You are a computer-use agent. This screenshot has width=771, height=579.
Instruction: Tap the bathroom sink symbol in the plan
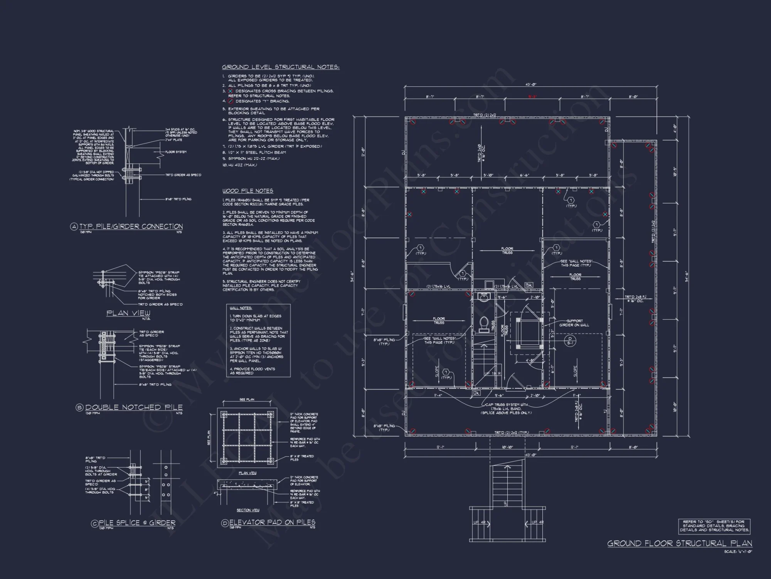(483, 298)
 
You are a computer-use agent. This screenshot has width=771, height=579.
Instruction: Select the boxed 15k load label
(529, 285)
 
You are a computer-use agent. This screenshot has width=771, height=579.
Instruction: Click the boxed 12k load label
(476, 393)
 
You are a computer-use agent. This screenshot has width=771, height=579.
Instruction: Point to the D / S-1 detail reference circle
(570, 340)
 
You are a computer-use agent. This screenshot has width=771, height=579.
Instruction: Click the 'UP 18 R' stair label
(492, 374)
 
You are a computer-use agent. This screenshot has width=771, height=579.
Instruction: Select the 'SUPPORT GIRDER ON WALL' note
(574, 323)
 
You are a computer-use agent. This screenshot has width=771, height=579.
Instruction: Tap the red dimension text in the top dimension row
(532, 97)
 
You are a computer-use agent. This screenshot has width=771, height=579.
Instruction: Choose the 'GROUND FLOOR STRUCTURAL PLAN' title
(680, 543)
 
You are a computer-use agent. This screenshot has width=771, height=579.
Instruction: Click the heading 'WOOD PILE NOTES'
(247, 191)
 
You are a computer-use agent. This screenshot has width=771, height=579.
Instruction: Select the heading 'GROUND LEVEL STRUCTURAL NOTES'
(280, 67)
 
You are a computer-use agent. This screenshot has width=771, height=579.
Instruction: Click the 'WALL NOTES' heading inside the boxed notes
(241, 308)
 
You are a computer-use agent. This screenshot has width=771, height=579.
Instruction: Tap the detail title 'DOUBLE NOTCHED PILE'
(133, 408)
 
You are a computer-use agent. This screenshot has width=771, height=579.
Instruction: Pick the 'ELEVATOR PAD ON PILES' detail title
(272, 523)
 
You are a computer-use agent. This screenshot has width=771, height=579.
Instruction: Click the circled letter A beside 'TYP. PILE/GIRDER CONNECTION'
(74, 227)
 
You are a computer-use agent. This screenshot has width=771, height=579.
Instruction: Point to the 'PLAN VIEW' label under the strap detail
(128, 313)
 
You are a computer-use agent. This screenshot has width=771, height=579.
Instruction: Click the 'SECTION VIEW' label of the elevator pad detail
(248, 510)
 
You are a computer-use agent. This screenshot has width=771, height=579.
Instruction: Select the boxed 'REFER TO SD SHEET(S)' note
(714, 526)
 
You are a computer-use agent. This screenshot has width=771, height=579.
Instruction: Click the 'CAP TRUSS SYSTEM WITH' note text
(506, 405)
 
